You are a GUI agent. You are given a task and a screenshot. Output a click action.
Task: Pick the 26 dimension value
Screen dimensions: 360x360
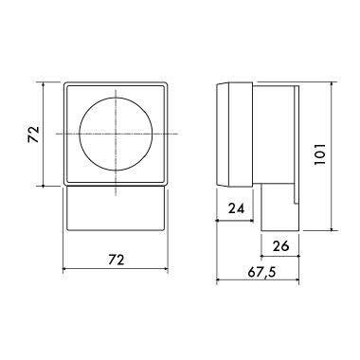click(x=279, y=246)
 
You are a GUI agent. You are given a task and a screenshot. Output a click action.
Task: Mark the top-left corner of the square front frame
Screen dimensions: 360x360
click(x=63, y=83)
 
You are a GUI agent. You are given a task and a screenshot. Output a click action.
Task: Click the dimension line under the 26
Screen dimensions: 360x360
click(x=279, y=256)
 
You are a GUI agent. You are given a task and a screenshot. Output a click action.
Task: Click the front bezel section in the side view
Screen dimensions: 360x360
click(x=233, y=134)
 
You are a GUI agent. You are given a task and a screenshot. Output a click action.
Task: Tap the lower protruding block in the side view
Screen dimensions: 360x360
click(x=279, y=208)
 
